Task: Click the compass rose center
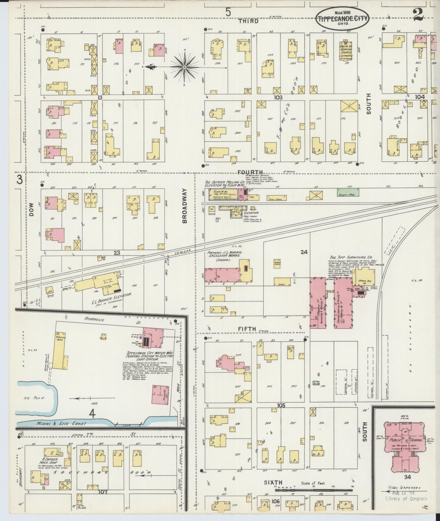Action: tap(184, 67)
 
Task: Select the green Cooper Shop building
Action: tap(348, 192)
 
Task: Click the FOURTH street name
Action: tap(250, 172)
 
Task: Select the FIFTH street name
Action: tap(247, 329)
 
